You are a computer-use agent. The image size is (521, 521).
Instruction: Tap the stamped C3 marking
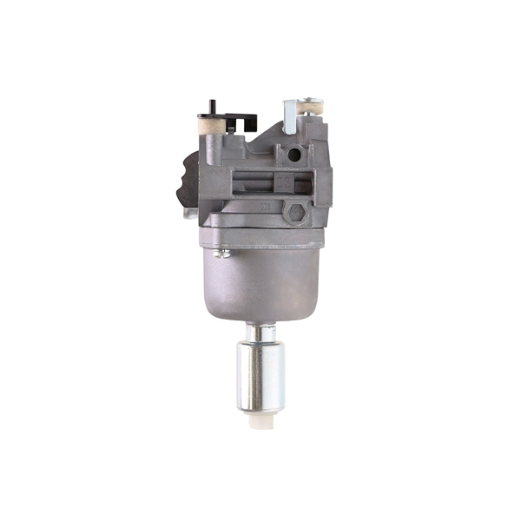(283, 183)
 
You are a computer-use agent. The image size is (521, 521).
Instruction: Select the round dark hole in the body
(293, 154)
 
